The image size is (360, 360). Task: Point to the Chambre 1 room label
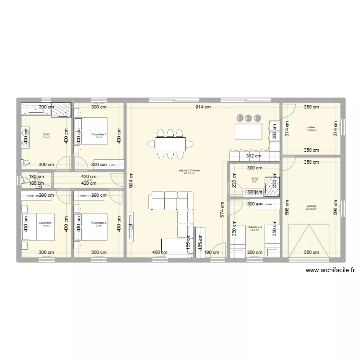[46, 223]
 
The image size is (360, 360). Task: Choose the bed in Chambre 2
[99, 226]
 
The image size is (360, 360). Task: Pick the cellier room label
[312, 127]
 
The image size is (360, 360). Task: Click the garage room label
[312, 206]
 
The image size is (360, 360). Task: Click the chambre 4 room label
[254, 227]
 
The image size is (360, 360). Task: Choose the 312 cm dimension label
[253, 156]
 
